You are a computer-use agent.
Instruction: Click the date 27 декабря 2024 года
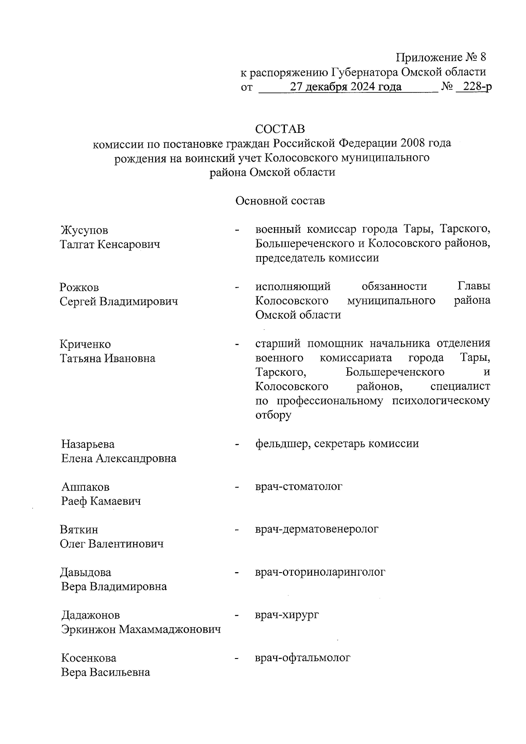tap(346, 87)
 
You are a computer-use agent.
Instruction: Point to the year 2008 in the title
tap(415, 143)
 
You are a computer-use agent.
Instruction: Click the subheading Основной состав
tap(280, 201)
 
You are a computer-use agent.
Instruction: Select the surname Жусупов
tap(84, 230)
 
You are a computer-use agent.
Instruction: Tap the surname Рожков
tap(79, 288)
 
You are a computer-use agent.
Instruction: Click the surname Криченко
tap(85, 344)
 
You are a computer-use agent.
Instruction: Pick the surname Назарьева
tap(88, 444)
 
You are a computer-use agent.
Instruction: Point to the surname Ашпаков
tap(85, 487)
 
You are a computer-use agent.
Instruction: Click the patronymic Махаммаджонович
tap(170, 630)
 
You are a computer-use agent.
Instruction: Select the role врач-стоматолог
tap(299, 486)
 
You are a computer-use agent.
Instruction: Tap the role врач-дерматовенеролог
tap(316, 529)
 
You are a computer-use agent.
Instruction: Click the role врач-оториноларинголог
tap(320, 572)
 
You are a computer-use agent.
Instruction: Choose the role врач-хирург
tap(287, 615)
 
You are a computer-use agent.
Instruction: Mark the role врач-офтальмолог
tap(303, 658)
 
